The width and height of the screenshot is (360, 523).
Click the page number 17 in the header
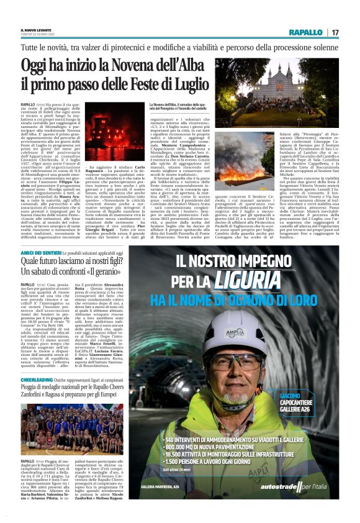click(x=335, y=32)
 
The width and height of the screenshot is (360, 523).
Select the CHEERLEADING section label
click(x=37, y=379)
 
